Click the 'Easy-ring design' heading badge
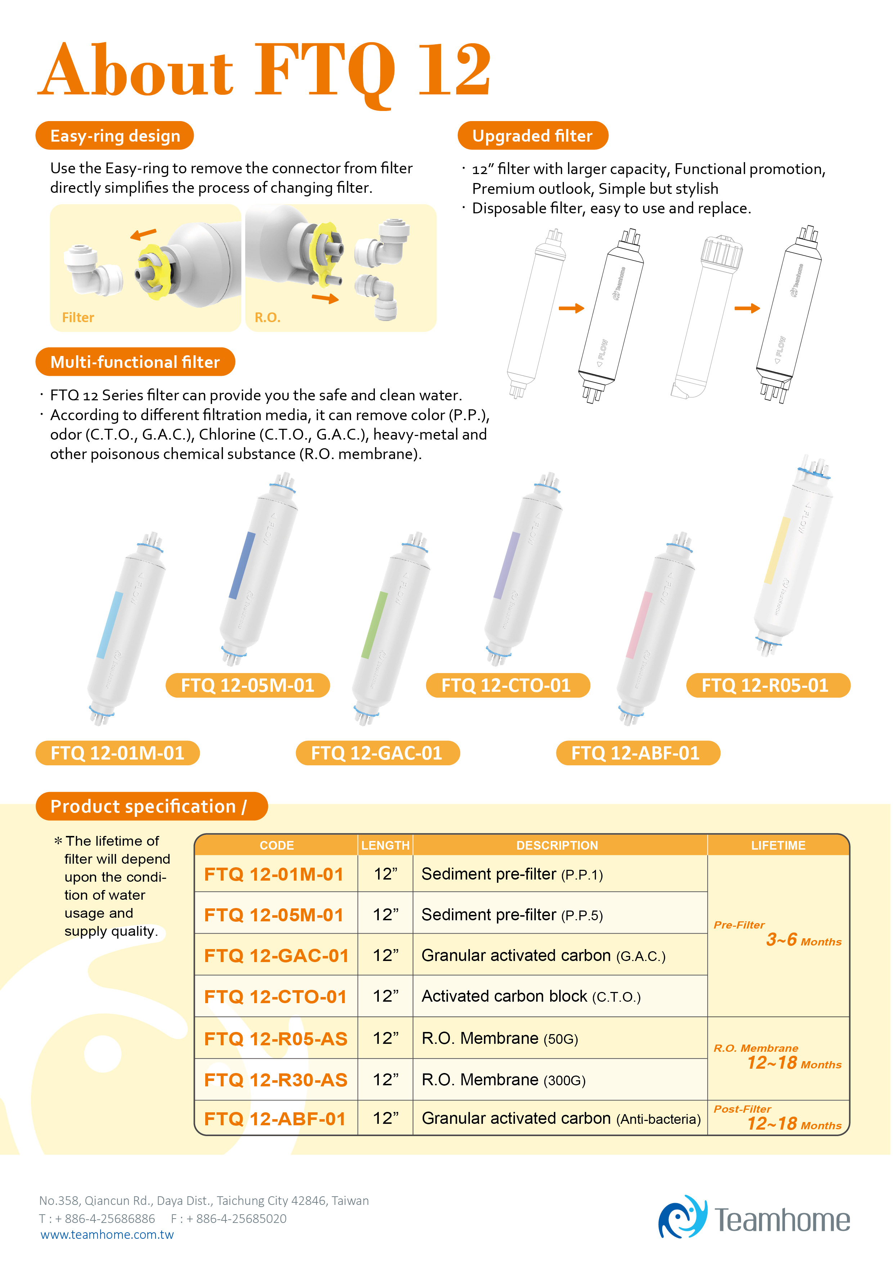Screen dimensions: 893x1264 coord(115,135)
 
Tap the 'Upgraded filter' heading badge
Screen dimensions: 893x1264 coord(533,135)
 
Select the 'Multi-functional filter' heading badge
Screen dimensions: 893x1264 coord(135,362)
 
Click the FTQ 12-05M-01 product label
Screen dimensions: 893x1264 coord(248,685)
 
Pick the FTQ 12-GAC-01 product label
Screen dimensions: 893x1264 coord(377,753)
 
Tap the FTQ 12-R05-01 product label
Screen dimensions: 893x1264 coord(768,685)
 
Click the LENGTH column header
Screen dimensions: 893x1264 coord(385,846)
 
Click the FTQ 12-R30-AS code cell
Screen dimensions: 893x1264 coord(276,1080)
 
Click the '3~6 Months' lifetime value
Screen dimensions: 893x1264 coord(804,940)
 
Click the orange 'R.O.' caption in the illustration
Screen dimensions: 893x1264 coord(268,318)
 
